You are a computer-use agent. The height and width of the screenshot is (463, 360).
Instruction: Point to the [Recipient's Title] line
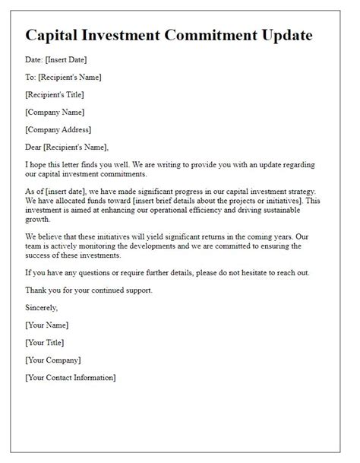coord(54,94)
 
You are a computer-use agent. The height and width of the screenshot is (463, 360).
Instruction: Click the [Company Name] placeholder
coord(54,112)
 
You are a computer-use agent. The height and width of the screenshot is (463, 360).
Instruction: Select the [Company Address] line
coord(58,129)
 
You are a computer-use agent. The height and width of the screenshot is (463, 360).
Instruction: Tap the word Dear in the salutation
coord(35,147)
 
